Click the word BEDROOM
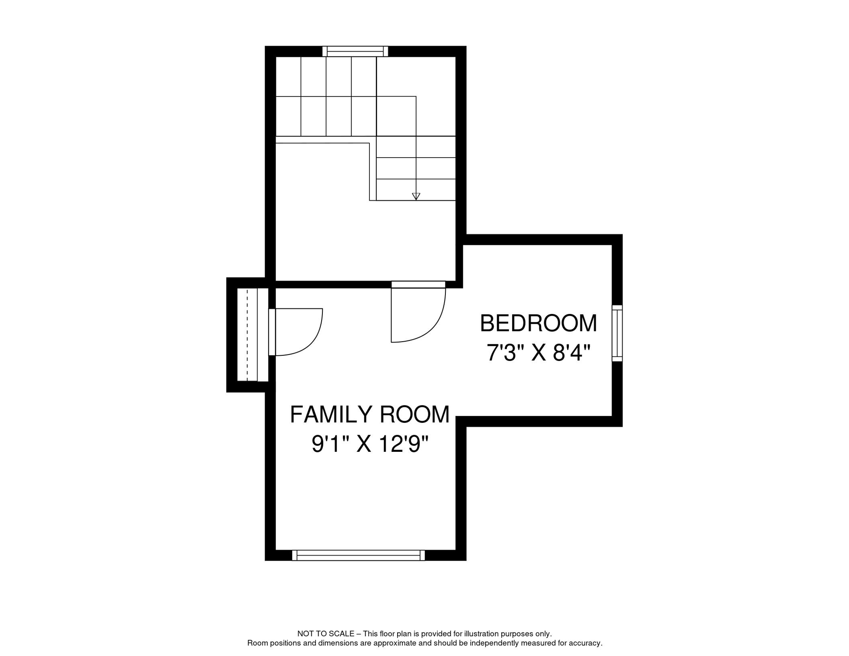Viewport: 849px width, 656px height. tap(538, 323)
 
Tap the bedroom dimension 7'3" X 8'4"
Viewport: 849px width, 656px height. tap(538, 353)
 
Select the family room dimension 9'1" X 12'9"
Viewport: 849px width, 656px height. tap(370, 445)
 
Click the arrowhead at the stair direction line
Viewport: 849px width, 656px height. tap(416, 196)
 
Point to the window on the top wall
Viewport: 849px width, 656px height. tap(355, 52)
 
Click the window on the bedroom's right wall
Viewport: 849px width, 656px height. tap(617, 333)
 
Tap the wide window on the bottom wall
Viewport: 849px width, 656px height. tap(358, 555)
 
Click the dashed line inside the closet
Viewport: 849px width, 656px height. tap(247, 335)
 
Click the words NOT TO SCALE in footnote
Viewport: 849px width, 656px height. tap(325, 634)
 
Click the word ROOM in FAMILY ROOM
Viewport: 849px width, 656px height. tap(414, 415)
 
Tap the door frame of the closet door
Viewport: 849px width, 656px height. tap(272, 332)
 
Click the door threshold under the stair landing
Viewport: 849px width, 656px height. tap(418, 284)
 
